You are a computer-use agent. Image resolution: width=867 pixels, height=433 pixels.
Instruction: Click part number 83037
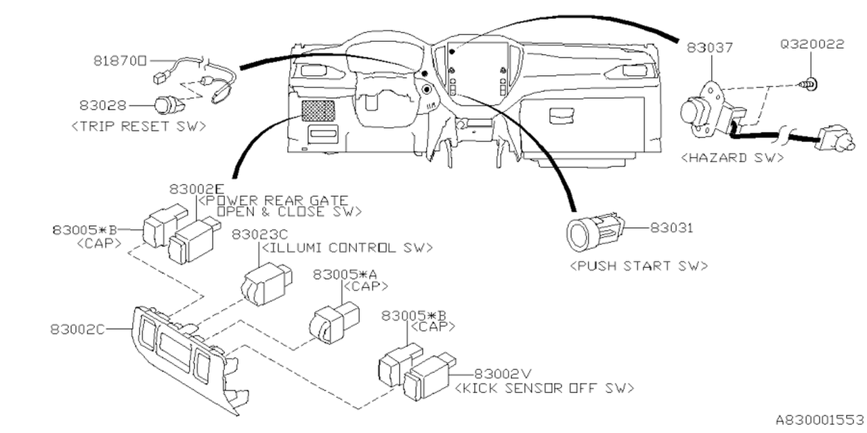(x=710, y=48)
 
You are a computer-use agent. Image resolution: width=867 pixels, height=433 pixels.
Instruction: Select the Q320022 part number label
(x=812, y=45)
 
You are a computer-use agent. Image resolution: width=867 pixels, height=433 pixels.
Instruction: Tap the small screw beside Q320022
(x=812, y=84)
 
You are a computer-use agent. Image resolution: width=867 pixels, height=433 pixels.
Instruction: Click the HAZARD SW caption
(x=732, y=158)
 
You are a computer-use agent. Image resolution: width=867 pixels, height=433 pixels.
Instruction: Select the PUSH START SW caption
(x=639, y=266)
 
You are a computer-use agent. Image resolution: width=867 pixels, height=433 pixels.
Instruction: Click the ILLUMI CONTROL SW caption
(x=347, y=248)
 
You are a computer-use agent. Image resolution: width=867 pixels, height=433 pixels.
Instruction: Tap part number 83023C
(x=260, y=234)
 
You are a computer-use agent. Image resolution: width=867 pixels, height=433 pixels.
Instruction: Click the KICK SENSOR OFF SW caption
(x=545, y=388)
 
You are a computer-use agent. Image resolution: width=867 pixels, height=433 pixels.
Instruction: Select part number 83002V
(x=502, y=373)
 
